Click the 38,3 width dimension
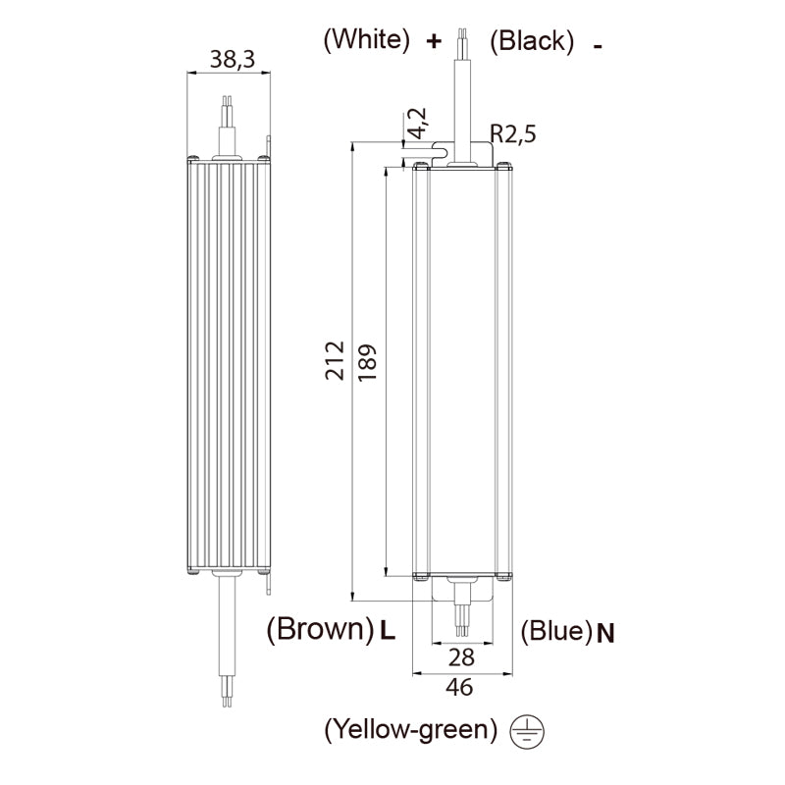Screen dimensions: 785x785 pos(233,59)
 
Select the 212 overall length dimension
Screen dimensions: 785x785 pos(335,360)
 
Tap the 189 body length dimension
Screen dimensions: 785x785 pos(367,362)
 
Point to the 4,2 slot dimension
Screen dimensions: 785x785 pos(416,124)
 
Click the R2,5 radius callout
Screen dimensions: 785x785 pos(512,134)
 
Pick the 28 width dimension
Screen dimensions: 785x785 pos(461,656)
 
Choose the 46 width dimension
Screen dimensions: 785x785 pos(459,687)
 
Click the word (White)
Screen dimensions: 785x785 pos(366,39)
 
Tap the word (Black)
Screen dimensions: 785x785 pos(532,40)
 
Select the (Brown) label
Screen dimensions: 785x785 pos(320,629)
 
